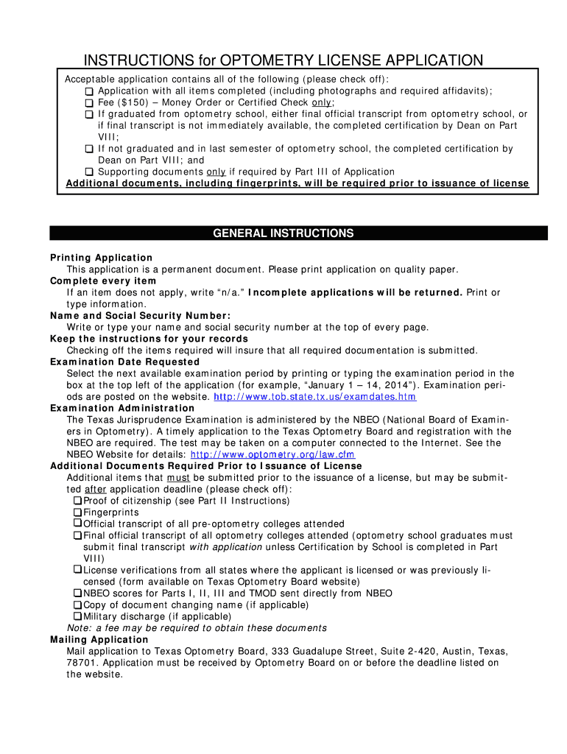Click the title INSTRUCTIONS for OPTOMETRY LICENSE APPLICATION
point(283,60)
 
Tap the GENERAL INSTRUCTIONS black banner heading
point(283,233)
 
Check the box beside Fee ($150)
point(88,103)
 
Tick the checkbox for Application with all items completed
point(88,91)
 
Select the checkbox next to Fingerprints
point(77,512)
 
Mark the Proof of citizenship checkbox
point(77,501)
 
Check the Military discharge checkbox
point(77,616)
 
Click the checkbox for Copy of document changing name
point(77,605)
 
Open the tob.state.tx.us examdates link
point(314,397)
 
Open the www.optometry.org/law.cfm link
point(235,454)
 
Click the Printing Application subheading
point(101,258)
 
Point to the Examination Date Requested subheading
point(124,362)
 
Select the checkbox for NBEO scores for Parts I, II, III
point(77,593)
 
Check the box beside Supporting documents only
point(88,172)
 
